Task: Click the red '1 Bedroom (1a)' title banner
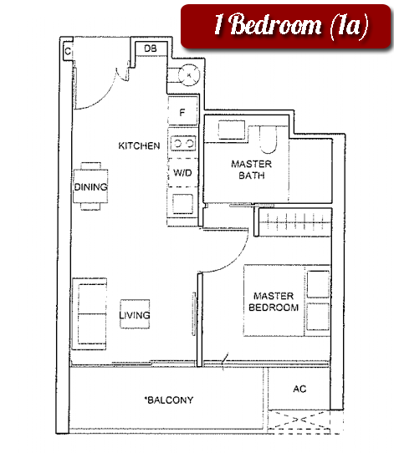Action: tap(285, 26)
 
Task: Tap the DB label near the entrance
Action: tap(151, 48)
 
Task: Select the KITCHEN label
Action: tap(139, 146)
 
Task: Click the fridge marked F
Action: tap(182, 111)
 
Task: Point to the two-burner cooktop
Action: tap(183, 143)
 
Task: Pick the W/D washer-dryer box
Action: tap(182, 172)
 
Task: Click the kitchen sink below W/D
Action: tap(182, 204)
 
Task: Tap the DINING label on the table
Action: tap(91, 187)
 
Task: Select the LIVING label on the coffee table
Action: tap(135, 314)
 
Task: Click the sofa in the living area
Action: tap(90, 314)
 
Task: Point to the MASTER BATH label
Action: tap(252, 170)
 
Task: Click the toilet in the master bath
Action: tap(269, 140)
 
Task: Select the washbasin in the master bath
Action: tap(232, 130)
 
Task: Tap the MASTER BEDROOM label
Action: tap(274, 302)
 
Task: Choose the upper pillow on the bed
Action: tap(318, 284)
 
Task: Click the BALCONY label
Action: tap(169, 400)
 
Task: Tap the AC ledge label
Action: tap(299, 389)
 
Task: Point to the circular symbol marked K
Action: tap(189, 75)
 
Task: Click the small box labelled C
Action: tap(68, 52)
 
